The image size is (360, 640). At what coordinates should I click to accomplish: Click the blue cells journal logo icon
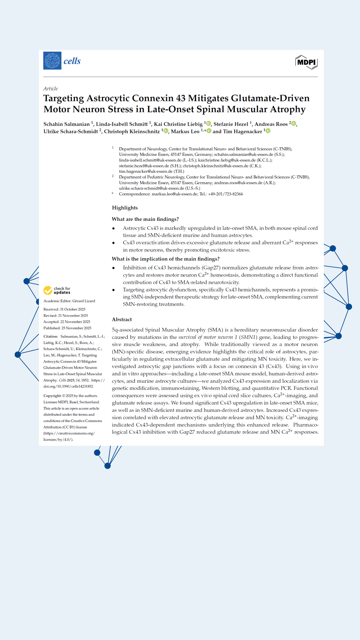coord(52,61)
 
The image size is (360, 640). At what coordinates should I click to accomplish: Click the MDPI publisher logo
coord(306,62)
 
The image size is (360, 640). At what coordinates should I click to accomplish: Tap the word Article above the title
coord(51,89)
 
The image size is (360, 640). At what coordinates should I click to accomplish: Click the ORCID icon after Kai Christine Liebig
coord(209,124)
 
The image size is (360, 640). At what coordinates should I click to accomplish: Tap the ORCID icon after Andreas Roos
coord(294,124)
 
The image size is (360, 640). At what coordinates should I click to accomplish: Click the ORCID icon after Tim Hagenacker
coord(268,131)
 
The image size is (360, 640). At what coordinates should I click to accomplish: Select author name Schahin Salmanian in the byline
coord(67,124)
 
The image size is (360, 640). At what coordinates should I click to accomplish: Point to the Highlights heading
coord(125,208)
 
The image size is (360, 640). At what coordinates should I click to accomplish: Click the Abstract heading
coord(122,319)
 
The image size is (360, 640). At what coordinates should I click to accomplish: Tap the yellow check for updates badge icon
coord(48,290)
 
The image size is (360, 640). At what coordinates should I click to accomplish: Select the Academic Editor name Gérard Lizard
coord(84,301)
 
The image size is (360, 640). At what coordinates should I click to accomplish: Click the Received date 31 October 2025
coord(73,309)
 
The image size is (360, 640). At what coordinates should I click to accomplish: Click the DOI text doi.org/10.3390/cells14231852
coord(68,386)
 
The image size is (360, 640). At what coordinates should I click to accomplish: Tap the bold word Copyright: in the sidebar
coord(52,396)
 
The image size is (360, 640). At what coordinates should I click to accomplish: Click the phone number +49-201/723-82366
coord(225,194)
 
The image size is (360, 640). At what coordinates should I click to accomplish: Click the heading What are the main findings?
coord(145,219)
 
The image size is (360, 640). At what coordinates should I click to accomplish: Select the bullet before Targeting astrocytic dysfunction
coord(114,290)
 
